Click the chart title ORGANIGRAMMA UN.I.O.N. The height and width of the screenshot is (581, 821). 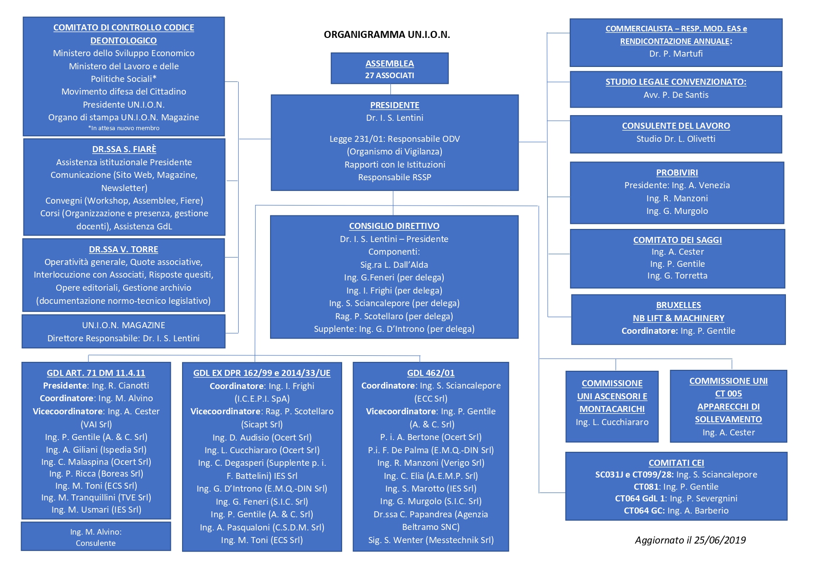click(387, 35)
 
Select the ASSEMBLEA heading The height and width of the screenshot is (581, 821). click(389, 64)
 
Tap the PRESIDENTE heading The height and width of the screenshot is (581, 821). click(395, 105)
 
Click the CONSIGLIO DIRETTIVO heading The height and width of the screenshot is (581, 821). click(394, 226)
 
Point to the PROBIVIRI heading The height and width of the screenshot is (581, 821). click(677, 173)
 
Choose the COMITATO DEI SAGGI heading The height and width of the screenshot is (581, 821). click(677, 240)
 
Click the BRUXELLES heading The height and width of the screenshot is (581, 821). click(678, 305)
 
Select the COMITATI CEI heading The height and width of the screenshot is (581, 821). click(676, 463)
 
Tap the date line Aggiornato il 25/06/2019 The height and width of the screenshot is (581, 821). click(690, 540)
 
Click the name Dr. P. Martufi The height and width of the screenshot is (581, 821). click(676, 54)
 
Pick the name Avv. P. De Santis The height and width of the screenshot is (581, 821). click(676, 95)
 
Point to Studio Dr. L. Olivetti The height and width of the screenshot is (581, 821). click(676, 139)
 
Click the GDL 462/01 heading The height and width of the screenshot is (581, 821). click(431, 373)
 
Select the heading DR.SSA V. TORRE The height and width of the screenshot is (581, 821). click(124, 250)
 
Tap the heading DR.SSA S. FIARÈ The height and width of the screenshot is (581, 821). click(124, 149)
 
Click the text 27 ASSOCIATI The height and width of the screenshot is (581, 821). click(389, 75)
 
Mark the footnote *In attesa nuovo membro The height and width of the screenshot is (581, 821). click(124, 128)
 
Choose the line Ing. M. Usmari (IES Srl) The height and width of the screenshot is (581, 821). click(96, 510)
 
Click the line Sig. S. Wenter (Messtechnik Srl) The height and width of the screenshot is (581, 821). click(431, 540)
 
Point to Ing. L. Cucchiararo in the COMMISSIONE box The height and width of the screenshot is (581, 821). click(612, 422)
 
